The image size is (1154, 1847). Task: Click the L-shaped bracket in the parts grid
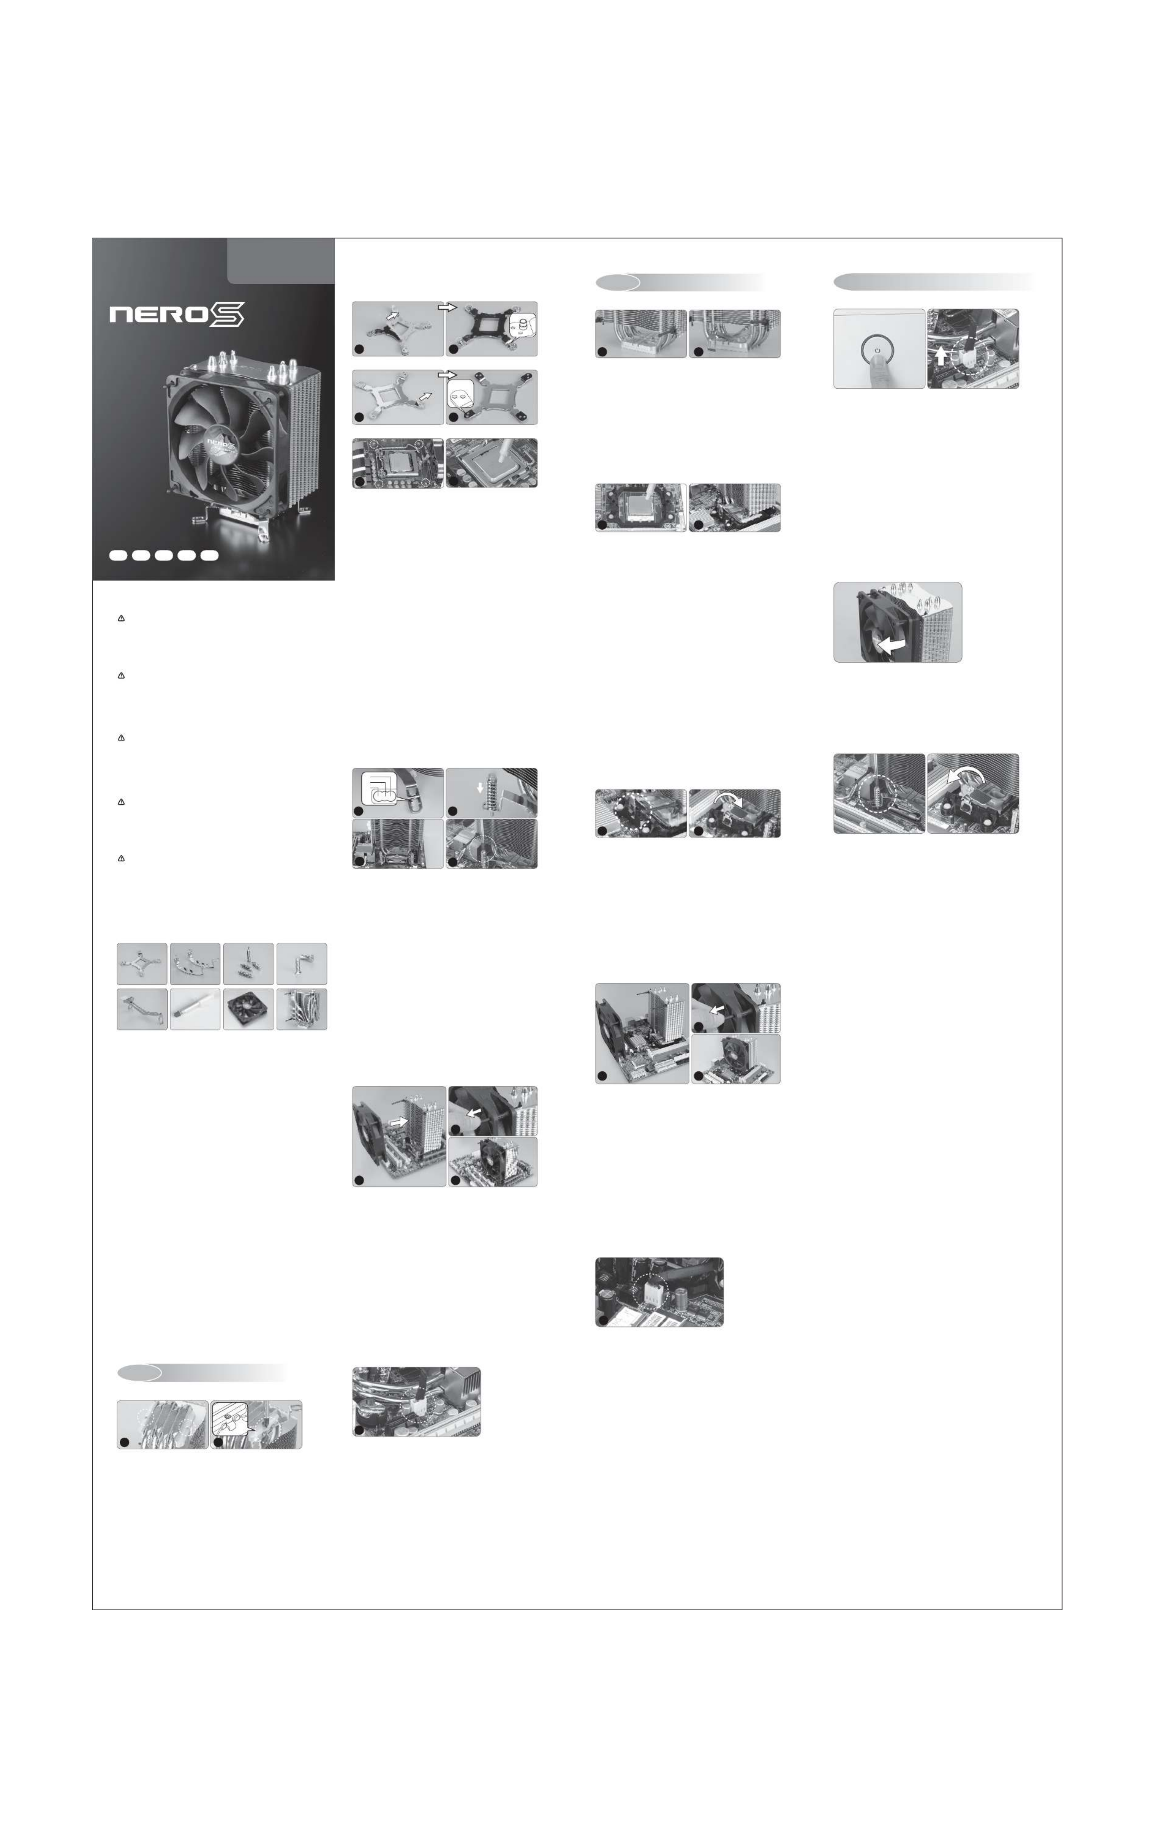pyautogui.click(x=302, y=963)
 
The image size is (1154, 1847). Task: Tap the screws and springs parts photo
pyautogui.click(x=248, y=963)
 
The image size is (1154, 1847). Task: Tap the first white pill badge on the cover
pyautogui.click(x=118, y=556)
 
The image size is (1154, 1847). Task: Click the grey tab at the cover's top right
pyautogui.click(x=281, y=260)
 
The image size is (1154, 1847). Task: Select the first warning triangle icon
pyautogui.click(x=121, y=618)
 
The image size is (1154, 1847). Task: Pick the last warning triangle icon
pyautogui.click(x=121, y=859)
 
